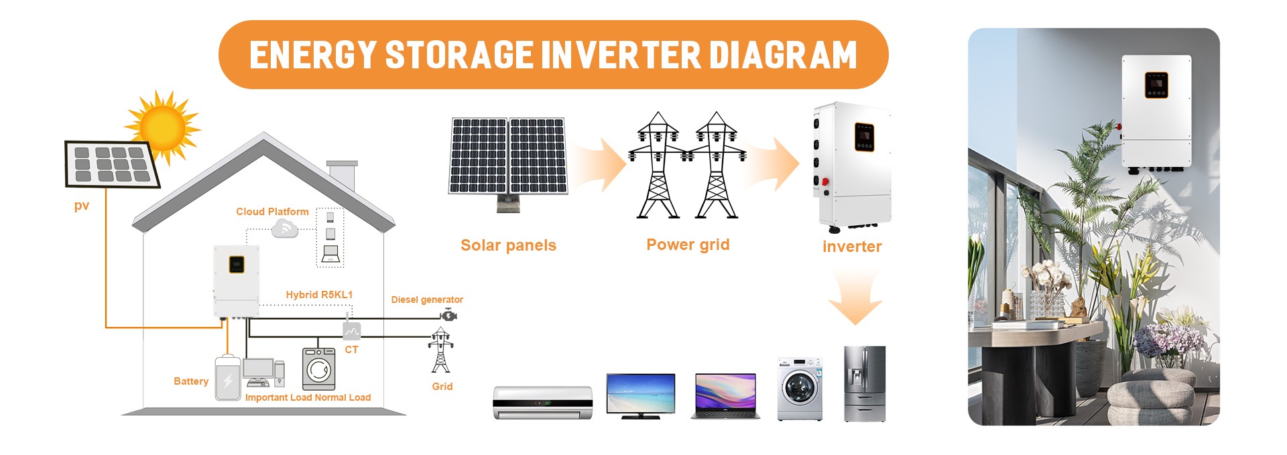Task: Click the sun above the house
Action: (x=162, y=127)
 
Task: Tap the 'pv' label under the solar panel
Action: (x=82, y=206)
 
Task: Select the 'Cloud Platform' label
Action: (x=272, y=212)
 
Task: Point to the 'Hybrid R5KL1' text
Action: (x=319, y=295)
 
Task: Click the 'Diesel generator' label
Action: (x=427, y=300)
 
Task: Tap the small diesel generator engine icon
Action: (x=448, y=314)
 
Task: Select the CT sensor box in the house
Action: (x=351, y=330)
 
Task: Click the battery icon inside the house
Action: (x=228, y=379)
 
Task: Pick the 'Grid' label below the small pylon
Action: (x=442, y=387)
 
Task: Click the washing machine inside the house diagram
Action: (x=319, y=369)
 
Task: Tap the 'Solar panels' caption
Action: (x=508, y=245)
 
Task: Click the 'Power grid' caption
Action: (x=688, y=245)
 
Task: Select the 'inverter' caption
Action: (x=852, y=247)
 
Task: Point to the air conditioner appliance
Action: (x=543, y=402)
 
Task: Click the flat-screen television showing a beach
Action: (x=641, y=396)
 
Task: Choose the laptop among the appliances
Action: (x=725, y=397)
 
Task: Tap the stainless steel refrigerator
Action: (x=865, y=384)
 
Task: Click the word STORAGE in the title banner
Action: (x=459, y=54)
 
